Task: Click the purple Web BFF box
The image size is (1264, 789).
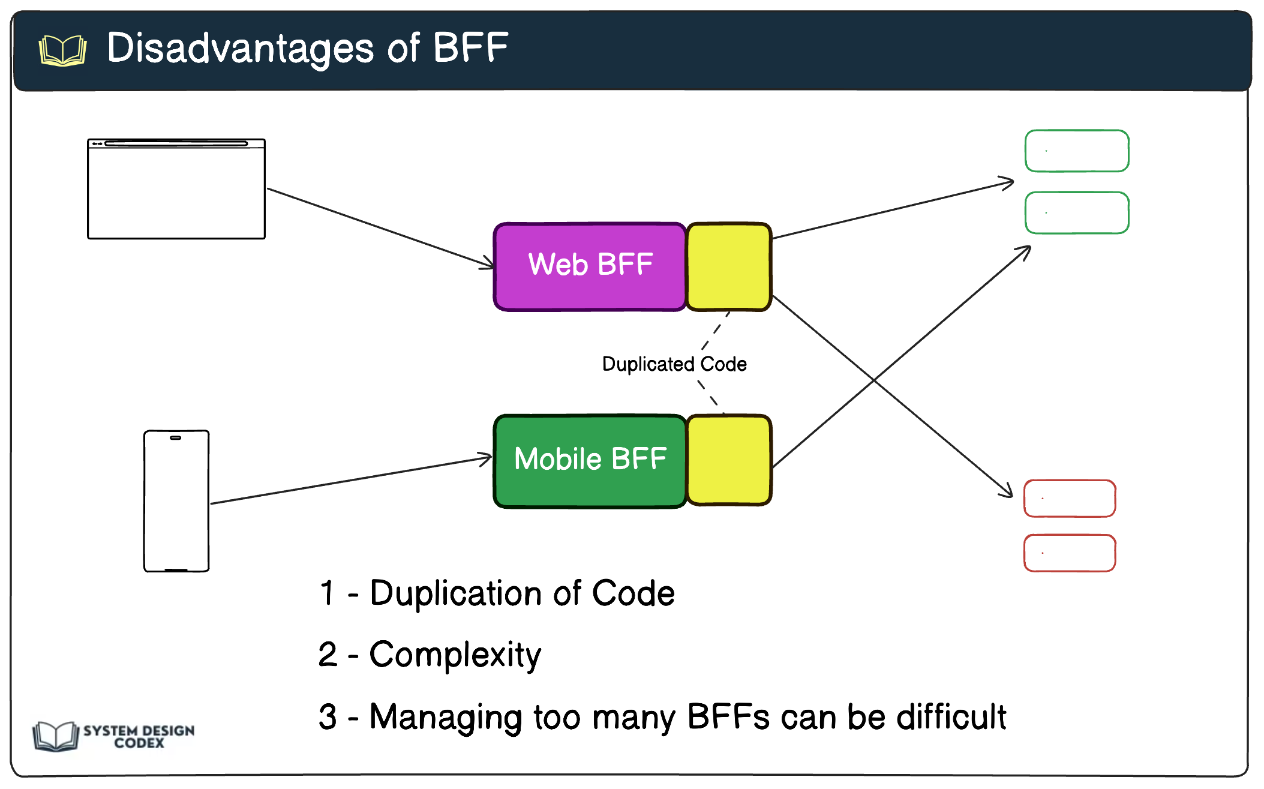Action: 590,266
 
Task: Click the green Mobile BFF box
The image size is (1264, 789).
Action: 590,461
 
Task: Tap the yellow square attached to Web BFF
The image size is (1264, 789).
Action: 728,266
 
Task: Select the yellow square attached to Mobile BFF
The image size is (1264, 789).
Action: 728,460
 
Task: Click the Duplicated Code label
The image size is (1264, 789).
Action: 674,364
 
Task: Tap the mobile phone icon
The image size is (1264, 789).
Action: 176,501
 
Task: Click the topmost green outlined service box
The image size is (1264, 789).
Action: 1077,151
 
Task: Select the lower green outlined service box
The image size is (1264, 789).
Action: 1077,213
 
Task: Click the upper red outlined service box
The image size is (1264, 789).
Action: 1070,499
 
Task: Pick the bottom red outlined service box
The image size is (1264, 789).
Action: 1070,553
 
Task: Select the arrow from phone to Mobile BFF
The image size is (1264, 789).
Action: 351,481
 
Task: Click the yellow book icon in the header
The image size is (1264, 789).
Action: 62,50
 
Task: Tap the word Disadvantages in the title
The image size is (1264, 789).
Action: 240,48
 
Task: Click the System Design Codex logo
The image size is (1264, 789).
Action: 114,736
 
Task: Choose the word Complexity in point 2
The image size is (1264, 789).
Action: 455,655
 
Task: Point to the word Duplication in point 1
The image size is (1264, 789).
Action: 456,594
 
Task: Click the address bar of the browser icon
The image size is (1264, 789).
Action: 176,143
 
